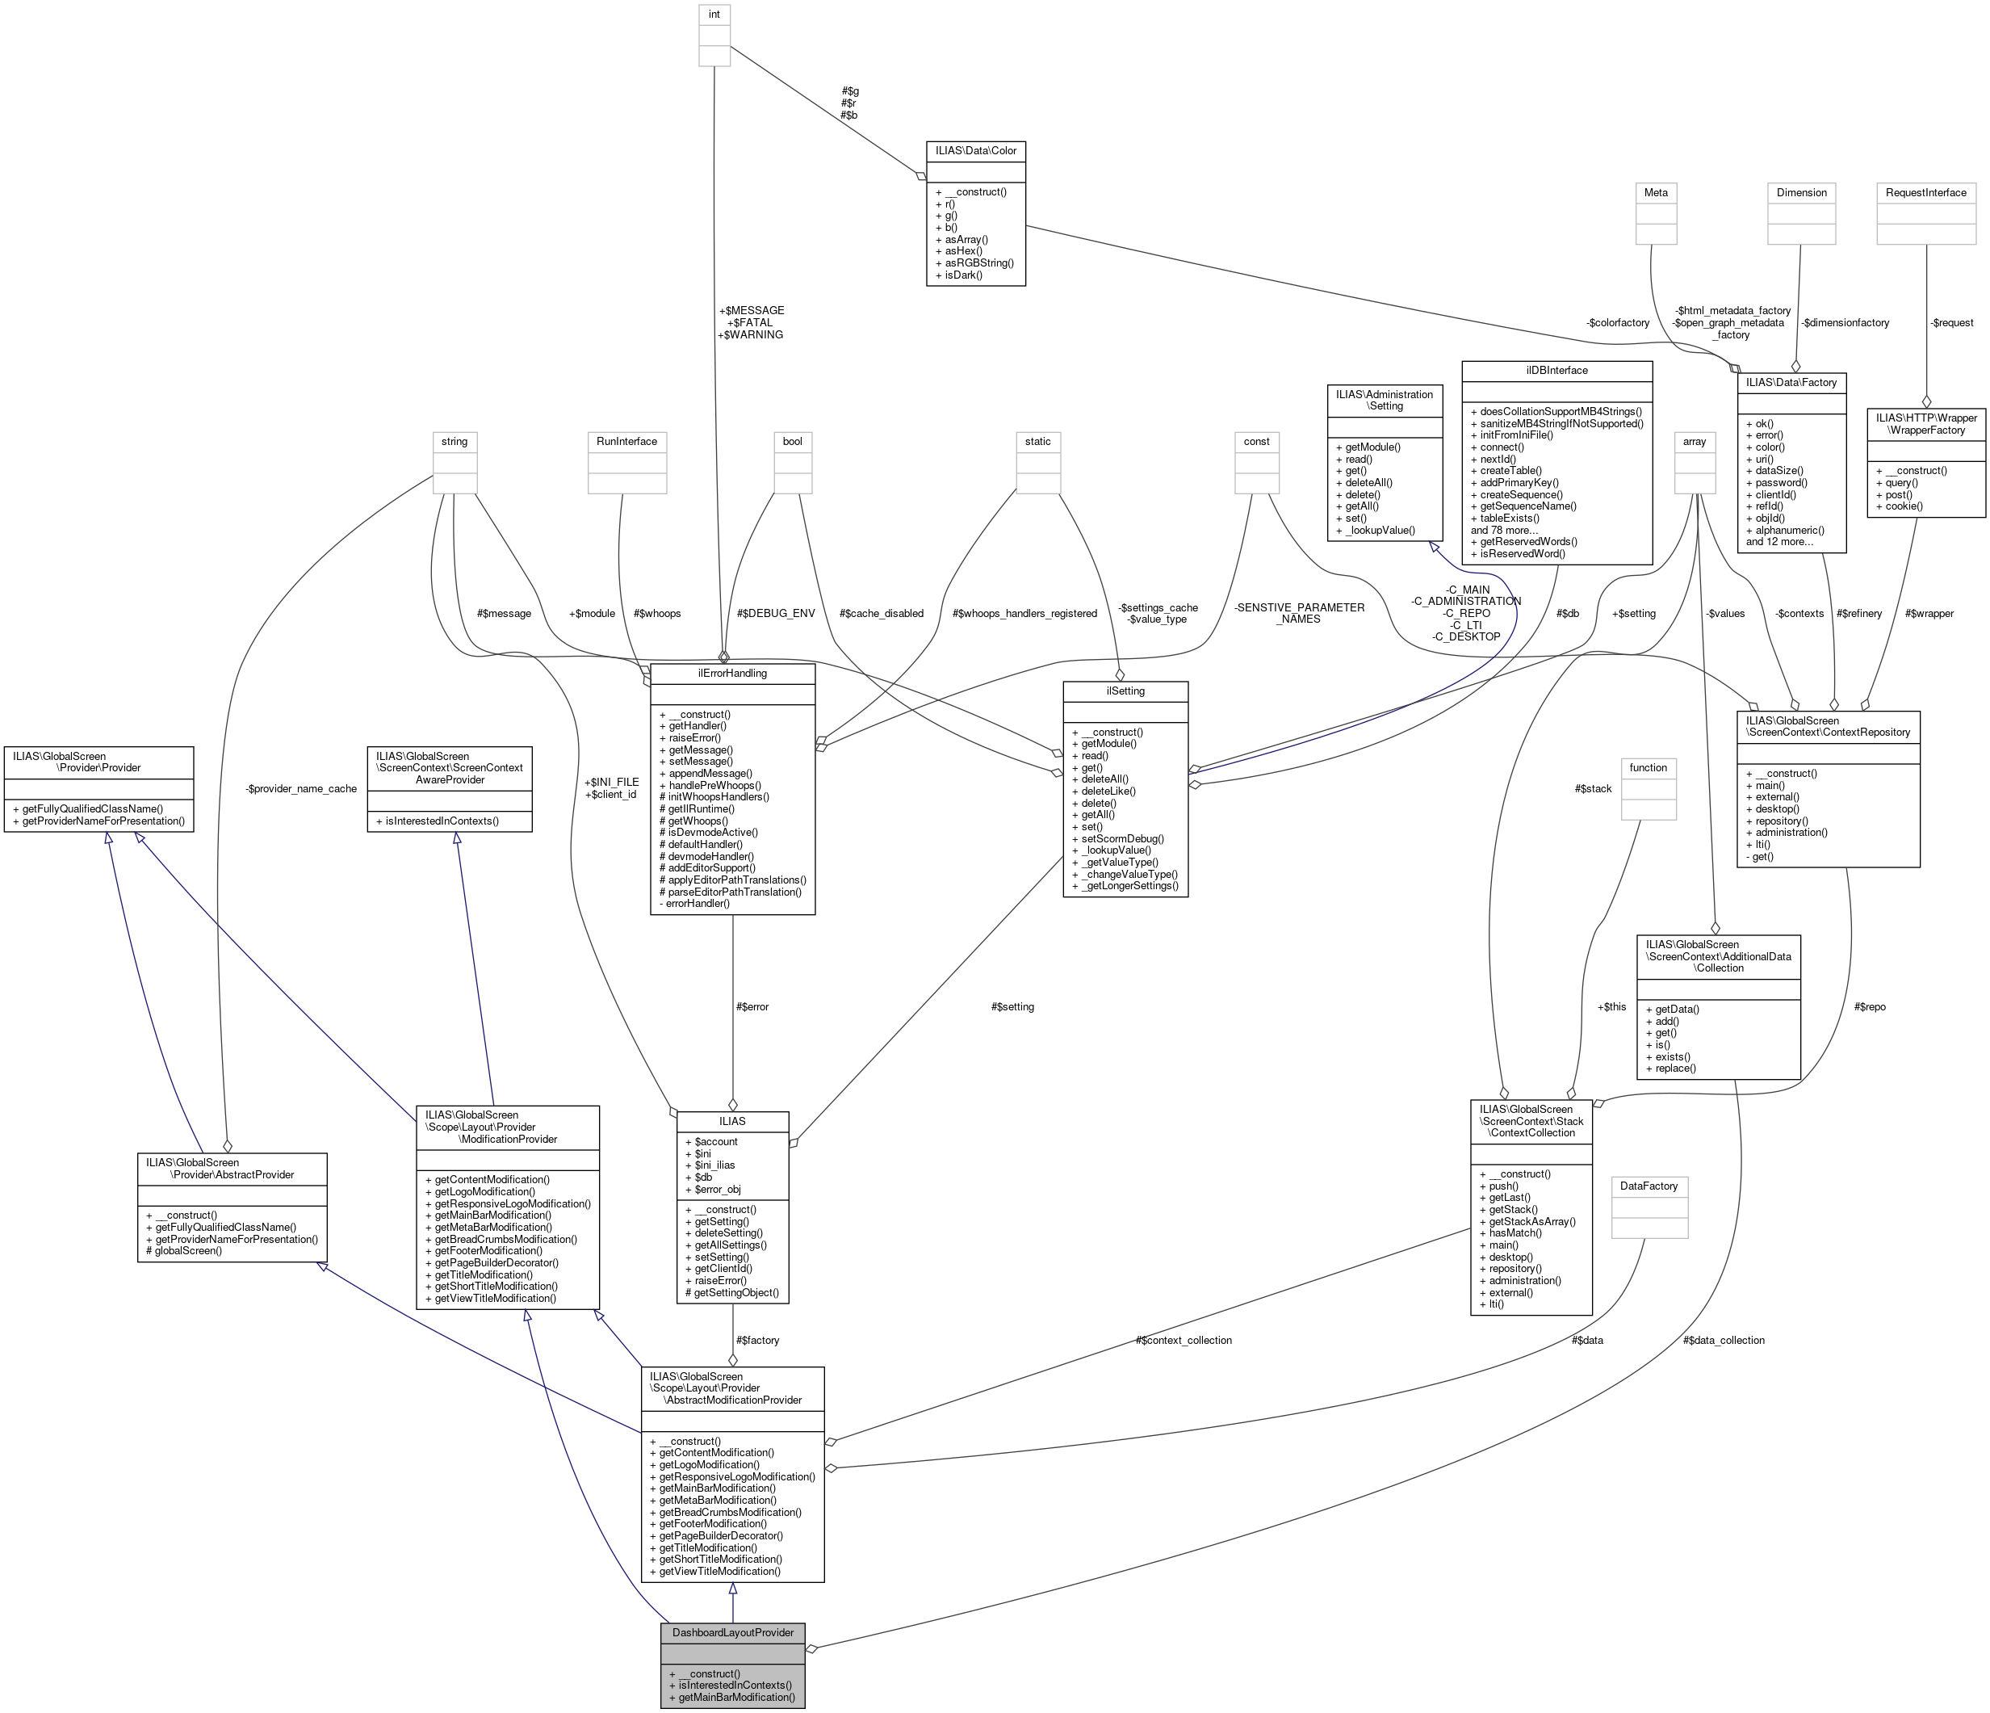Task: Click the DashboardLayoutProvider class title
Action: click(733, 1632)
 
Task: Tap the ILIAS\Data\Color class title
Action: click(975, 150)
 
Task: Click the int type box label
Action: click(714, 15)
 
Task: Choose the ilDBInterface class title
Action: click(1556, 370)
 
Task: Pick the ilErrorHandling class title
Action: click(732, 674)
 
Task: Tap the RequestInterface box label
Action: click(1925, 192)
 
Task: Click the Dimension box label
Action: click(1801, 192)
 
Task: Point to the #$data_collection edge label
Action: click(1723, 1339)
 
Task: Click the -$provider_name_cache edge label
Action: click(300, 789)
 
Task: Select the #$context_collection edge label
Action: click(1184, 1339)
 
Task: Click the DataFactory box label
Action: click(1649, 1186)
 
